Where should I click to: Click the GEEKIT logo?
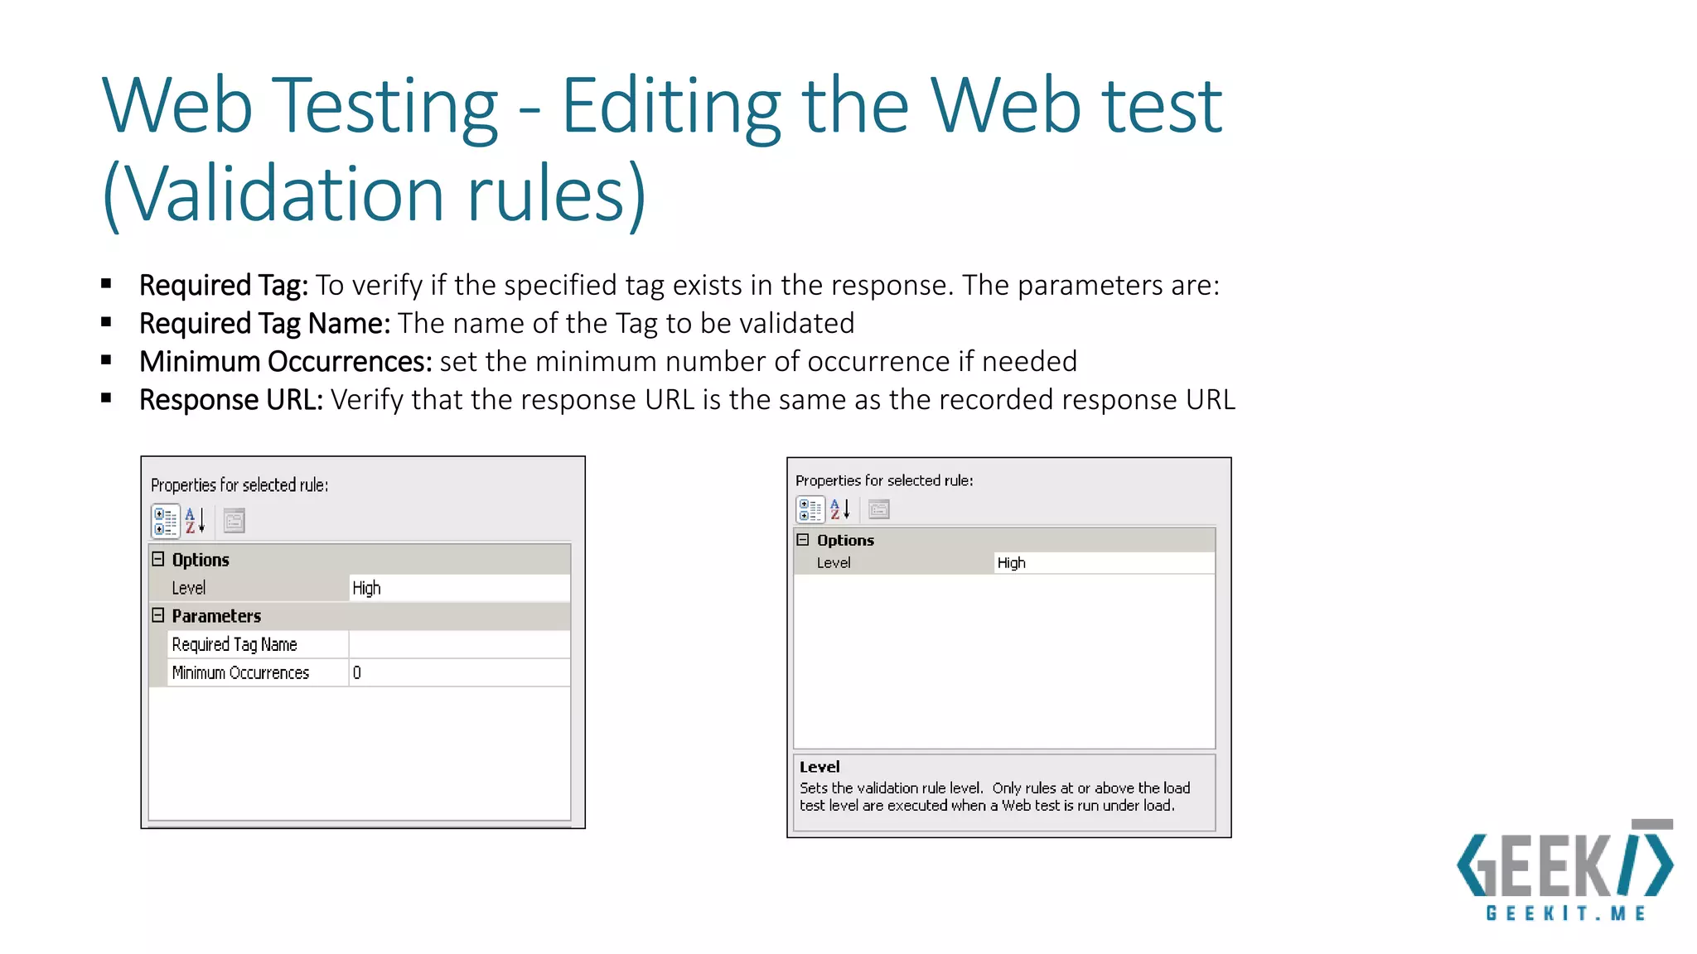pos(1564,870)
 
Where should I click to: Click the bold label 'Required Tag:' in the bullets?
pos(223,286)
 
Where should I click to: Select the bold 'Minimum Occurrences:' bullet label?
pos(285,362)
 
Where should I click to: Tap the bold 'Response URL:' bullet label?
pos(230,400)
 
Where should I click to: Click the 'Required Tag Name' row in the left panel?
pos(234,644)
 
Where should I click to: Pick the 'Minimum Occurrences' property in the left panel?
pos(240,672)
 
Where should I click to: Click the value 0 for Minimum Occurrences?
pos(357,672)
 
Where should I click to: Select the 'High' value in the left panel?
pos(366,588)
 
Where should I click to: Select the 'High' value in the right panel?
pos(1011,563)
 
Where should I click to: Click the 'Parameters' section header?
pos(216,616)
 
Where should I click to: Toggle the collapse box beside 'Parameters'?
pos(158,615)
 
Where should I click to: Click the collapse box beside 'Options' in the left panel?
pos(158,559)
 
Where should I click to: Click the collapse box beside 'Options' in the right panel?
pos(802,540)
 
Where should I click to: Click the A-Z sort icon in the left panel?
pos(195,521)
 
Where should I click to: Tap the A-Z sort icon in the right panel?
pos(839,509)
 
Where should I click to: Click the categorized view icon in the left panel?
pos(166,521)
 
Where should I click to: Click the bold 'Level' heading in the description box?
pos(819,767)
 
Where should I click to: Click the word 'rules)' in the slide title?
pos(556,195)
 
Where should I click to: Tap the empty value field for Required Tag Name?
pos(459,644)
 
